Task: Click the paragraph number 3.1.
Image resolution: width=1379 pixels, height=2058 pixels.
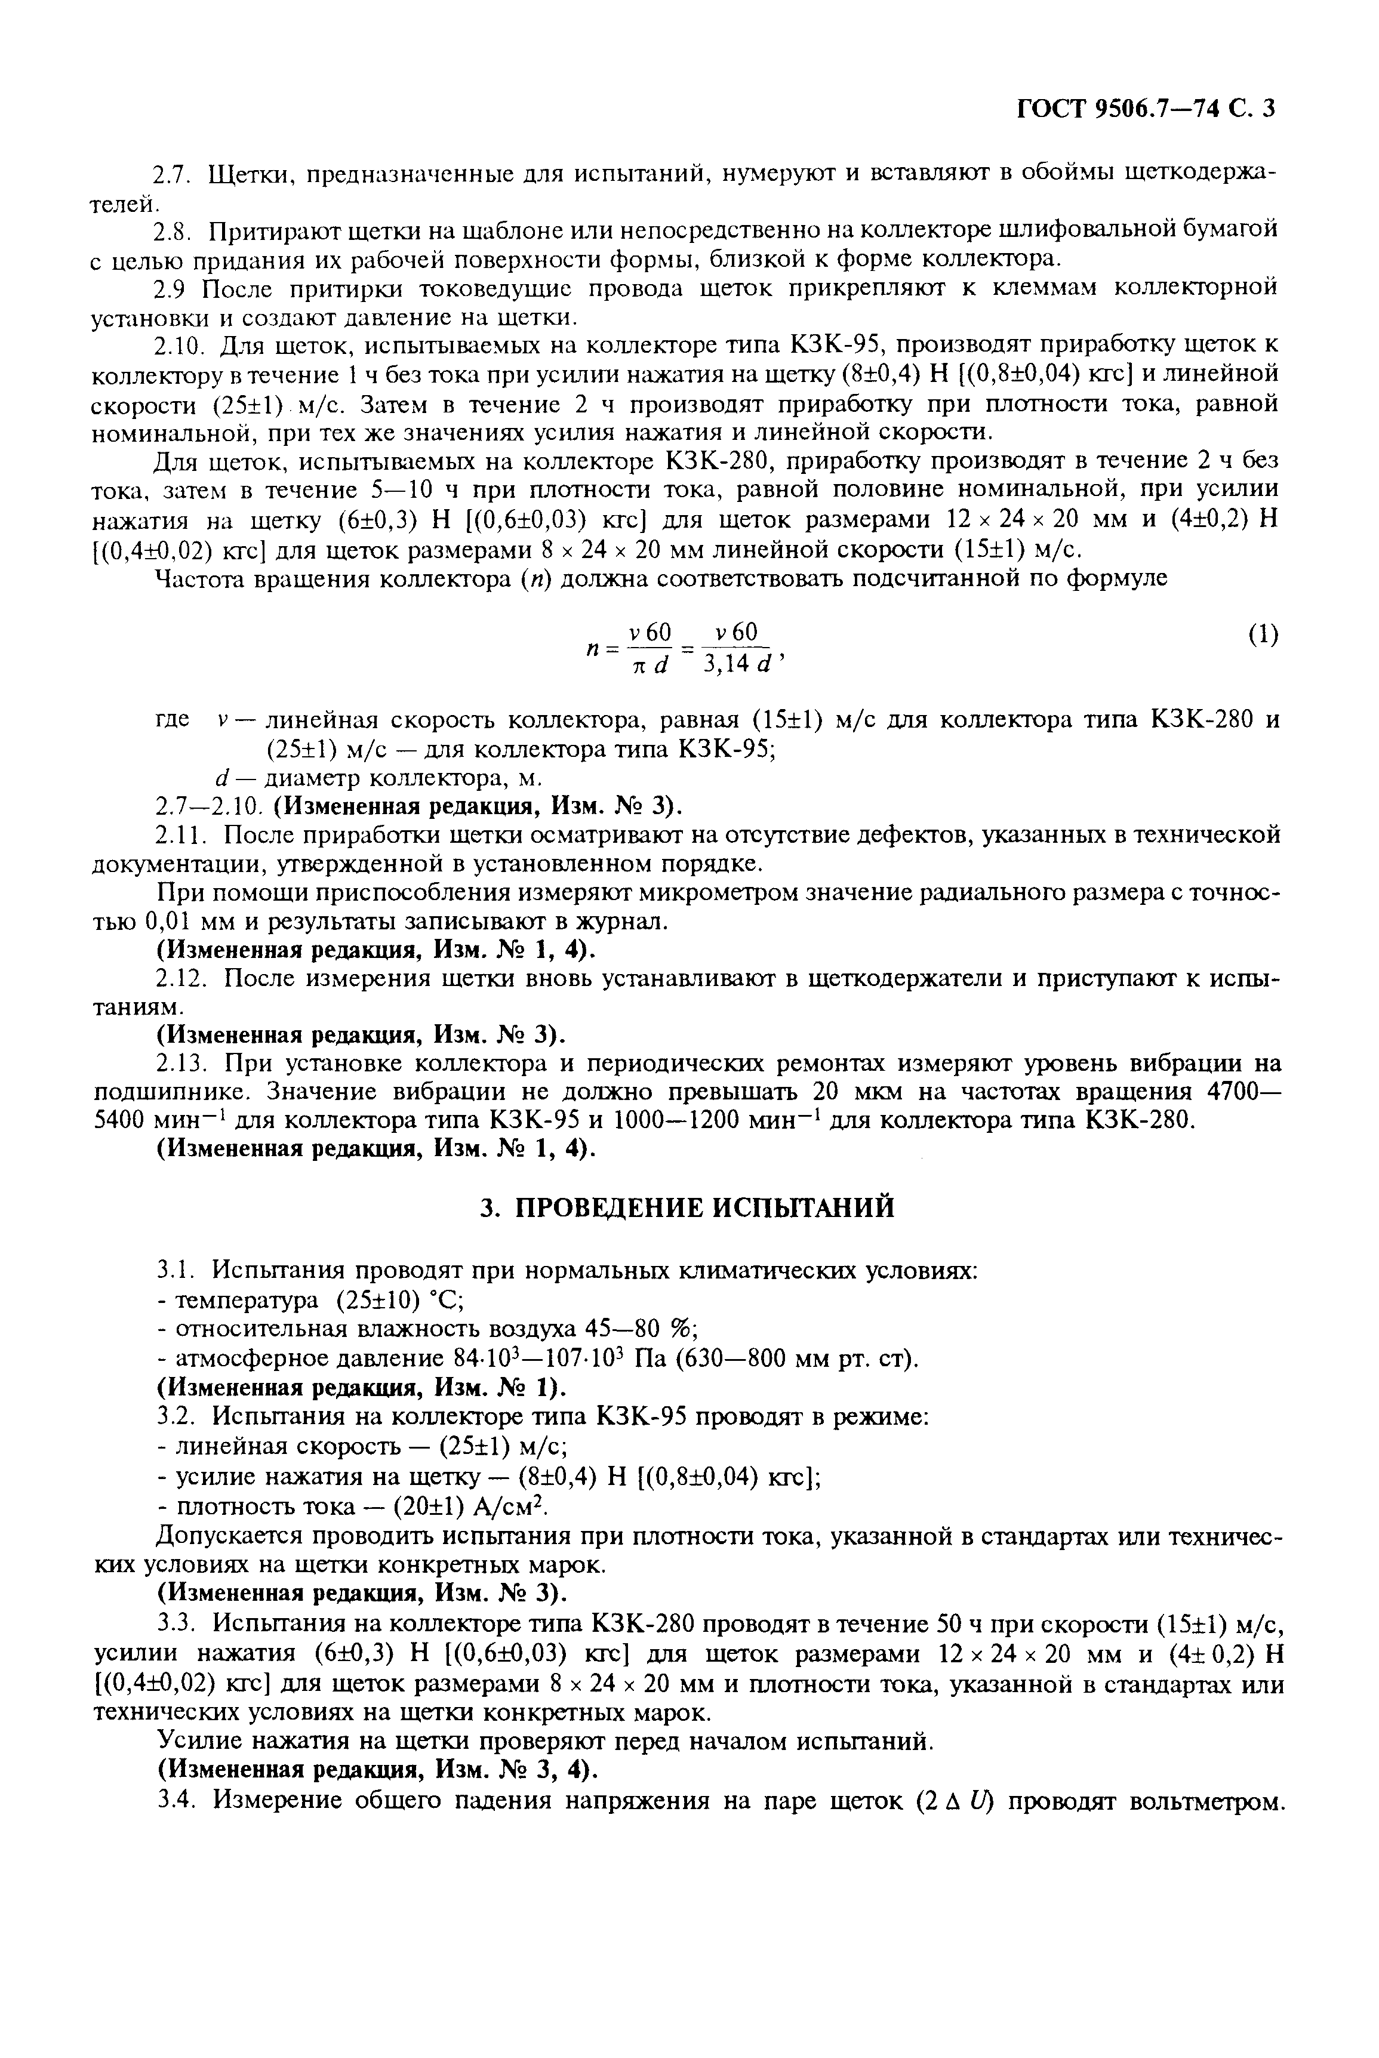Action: coord(176,1271)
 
